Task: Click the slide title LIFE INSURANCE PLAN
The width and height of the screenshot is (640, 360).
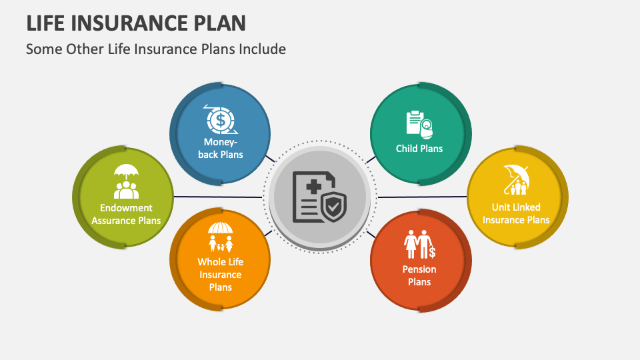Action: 136,23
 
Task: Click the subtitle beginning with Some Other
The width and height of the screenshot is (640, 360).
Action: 156,49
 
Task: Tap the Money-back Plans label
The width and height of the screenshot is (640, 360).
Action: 223,148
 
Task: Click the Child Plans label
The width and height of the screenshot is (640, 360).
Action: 419,148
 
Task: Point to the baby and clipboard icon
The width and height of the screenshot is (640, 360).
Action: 419,125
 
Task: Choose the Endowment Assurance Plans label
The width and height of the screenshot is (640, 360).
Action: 126,214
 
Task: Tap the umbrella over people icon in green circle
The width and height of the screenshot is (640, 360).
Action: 126,181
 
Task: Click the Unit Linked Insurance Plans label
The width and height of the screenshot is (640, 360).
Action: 516,213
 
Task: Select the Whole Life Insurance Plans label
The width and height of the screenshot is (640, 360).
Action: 220,275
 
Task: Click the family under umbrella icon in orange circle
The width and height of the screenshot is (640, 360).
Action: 220,237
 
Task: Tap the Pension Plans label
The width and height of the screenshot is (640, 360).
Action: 419,275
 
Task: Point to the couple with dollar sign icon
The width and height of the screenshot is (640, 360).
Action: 419,244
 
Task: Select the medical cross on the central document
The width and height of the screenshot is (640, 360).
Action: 312,188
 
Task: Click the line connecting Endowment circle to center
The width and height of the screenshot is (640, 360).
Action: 217,197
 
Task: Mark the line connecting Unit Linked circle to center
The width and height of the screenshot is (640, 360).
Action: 423,197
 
